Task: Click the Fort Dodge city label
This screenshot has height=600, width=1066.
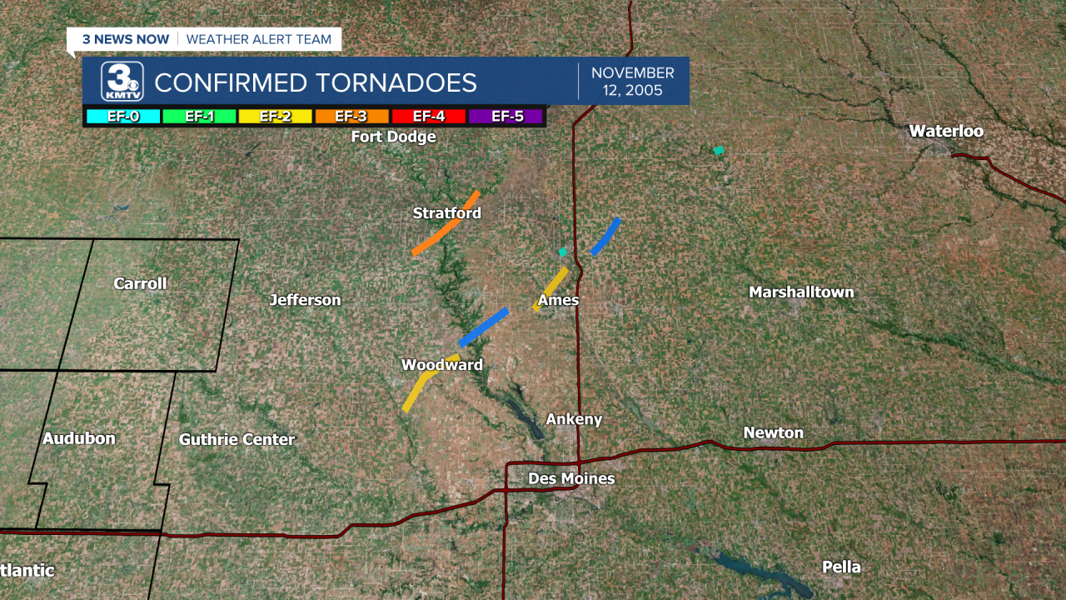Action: coord(393,137)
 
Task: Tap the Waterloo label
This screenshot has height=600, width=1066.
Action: coord(945,132)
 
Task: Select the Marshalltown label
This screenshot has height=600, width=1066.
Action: coord(801,292)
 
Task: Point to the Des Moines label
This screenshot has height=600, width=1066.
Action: coord(571,478)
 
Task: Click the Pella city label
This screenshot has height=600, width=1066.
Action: coord(841,567)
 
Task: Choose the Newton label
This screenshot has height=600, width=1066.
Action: coord(773,432)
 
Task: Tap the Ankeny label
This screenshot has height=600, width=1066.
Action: coord(574,419)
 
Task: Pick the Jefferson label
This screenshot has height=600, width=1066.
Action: coord(305,300)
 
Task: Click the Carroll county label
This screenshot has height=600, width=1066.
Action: coord(140,283)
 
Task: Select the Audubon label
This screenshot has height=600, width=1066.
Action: coord(79,438)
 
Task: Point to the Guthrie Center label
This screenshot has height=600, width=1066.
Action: coord(237,439)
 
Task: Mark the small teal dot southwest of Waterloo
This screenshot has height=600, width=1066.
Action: coord(718,151)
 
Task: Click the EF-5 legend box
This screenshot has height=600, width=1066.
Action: coord(506,116)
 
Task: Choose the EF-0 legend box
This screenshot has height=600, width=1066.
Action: coord(123,116)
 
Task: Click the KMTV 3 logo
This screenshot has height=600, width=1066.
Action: coord(122,82)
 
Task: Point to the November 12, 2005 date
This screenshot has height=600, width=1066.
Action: coord(633,82)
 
